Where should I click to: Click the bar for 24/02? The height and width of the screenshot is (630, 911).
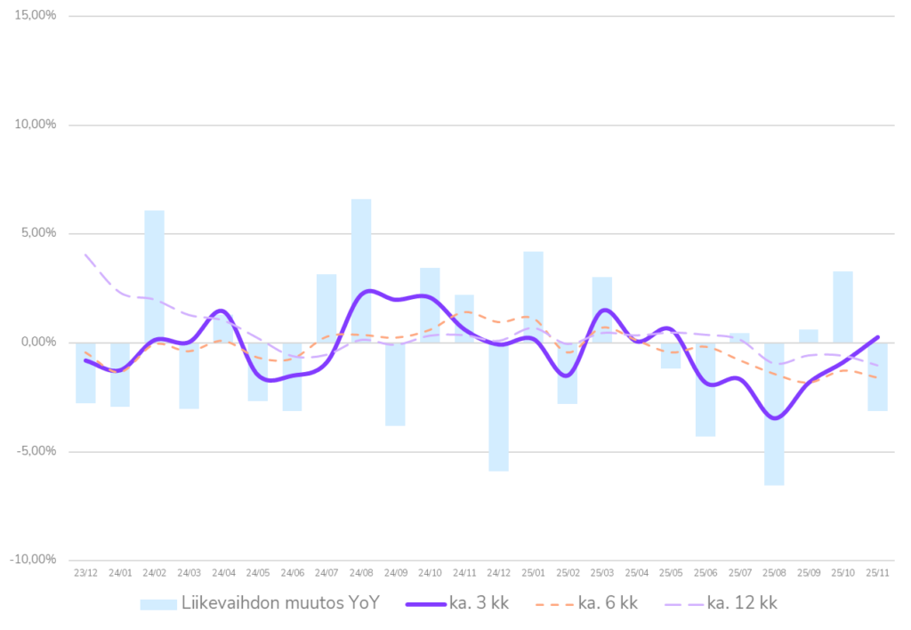pyautogui.click(x=154, y=275)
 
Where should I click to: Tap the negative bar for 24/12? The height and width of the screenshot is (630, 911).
pyautogui.click(x=499, y=407)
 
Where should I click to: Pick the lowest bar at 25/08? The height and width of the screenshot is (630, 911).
pyautogui.click(x=774, y=414)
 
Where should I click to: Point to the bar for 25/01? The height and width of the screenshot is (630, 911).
pyautogui.click(x=533, y=295)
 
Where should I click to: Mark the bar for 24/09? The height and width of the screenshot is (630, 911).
pyautogui.click(x=396, y=384)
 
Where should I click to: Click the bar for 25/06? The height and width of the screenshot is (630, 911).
pyautogui.click(x=705, y=390)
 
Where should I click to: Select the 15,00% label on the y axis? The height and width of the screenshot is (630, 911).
pyautogui.click(x=36, y=16)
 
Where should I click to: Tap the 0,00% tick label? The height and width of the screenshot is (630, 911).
pyautogui.click(x=38, y=343)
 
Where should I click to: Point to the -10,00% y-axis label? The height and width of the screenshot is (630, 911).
pyautogui.click(x=34, y=560)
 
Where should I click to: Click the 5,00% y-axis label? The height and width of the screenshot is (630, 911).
pyautogui.click(x=38, y=234)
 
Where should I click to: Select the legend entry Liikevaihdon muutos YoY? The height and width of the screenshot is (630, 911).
pyautogui.click(x=280, y=603)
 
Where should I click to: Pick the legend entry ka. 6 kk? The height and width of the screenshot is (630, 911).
pyautogui.click(x=608, y=603)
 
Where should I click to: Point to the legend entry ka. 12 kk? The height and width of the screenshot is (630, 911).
pyautogui.click(x=742, y=603)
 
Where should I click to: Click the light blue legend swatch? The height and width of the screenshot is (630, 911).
pyautogui.click(x=157, y=604)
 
